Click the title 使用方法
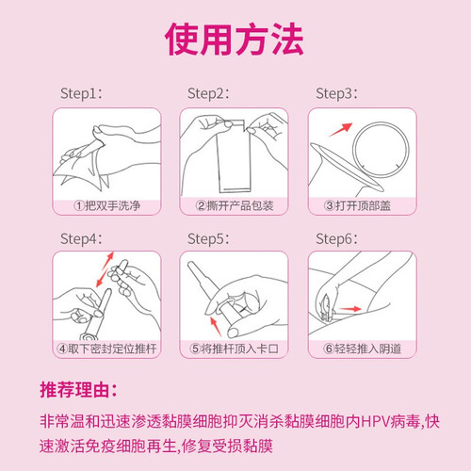[x=235, y=40]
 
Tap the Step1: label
[x=81, y=93]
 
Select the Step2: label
[x=208, y=93]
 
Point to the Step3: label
[x=336, y=93]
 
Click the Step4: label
[x=81, y=239]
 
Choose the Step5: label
[x=208, y=239]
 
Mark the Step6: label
[x=336, y=239]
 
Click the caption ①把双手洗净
[x=107, y=205]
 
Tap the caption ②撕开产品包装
[x=235, y=205]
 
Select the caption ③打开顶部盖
[x=357, y=205]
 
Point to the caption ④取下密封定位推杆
[x=106, y=349]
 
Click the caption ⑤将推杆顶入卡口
[x=235, y=349]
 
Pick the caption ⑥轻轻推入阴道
[x=363, y=349]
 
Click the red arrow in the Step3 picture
[x=341, y=130]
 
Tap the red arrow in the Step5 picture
[x=216, y=327]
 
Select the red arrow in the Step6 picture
[x=349, y=309]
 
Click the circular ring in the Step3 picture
[x=382, y=122]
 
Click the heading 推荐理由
[x=78, y=390]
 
